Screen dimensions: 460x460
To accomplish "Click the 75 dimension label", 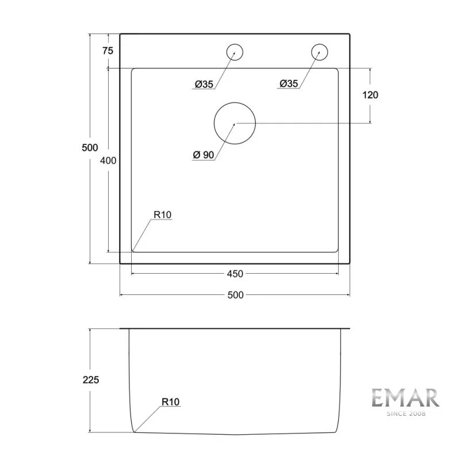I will [108, 51].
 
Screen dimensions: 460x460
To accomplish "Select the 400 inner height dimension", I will [108, 161].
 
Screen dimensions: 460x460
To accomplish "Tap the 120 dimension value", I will [370, 95].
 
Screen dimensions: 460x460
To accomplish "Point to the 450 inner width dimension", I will [235, 273].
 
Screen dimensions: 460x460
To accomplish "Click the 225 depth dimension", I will [91, 380].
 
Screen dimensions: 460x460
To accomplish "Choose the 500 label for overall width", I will [235, 295].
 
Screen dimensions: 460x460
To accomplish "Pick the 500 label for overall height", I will [90, 148].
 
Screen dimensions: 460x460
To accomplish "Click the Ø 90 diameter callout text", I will [204, 155].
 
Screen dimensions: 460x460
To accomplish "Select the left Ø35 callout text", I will [204, 85].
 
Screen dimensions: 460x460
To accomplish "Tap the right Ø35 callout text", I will [289, 84].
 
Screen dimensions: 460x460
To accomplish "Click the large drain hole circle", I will [235, 123].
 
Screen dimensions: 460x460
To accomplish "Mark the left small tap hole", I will [235, 52].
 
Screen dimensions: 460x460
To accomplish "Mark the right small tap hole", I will [320, 52].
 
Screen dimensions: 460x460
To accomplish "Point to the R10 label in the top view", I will [163, 215].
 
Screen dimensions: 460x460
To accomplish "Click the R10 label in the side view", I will [171, 402].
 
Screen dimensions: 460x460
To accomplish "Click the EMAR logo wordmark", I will [405, 398].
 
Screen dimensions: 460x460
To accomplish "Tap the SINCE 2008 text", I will [405, 413].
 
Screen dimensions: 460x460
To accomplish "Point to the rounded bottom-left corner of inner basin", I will [133, 250].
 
